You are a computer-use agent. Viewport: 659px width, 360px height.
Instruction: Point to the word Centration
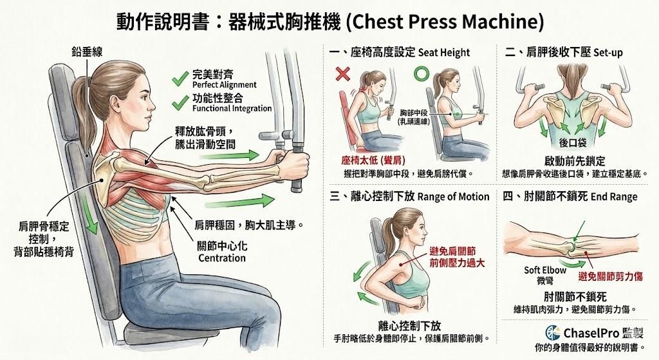click(x=221, y=258)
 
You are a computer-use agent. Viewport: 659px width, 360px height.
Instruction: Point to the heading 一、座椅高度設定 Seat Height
click(x=400, y=52)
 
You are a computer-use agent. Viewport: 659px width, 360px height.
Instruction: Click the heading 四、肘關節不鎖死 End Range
click(x=571, y=196)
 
